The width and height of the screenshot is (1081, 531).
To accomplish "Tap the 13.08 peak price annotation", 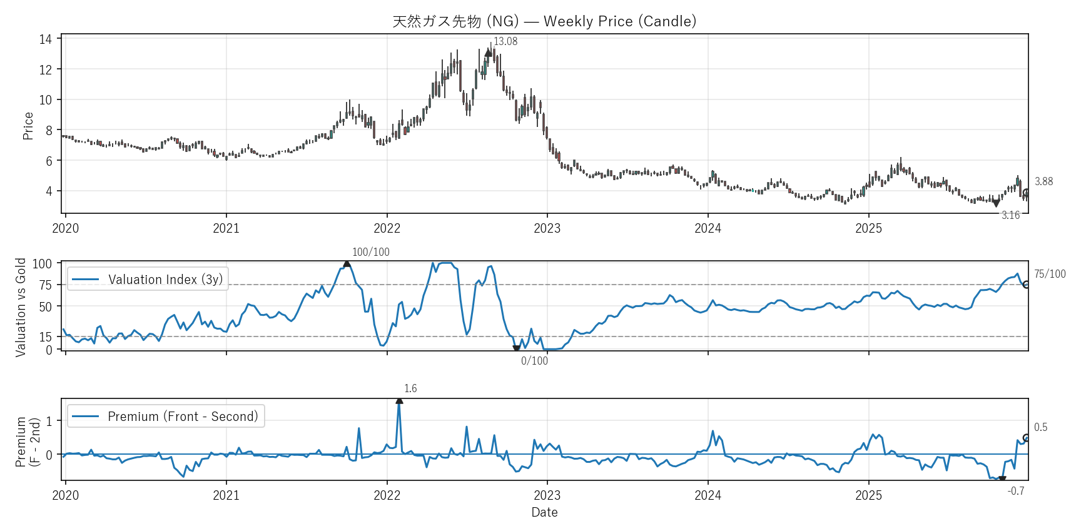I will pyautogui.click(x=505, y=42).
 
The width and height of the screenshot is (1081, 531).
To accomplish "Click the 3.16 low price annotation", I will pyautogui.click(x=1010, y=216).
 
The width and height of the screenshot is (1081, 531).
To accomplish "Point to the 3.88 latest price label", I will pyautogui.click(x=1043, y=182).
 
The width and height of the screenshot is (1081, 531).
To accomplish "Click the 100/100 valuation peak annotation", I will pyautogui.click(x=370, y=253).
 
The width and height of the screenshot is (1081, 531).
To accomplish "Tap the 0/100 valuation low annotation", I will pyautogui.click(x=534, y=361).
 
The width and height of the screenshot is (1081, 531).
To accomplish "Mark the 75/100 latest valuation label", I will pyautogui.click(x=1050, y=274).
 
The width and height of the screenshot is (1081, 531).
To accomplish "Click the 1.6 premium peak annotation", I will pyautogui.click(x=410, y=389).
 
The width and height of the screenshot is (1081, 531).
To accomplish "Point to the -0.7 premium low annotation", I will pyautogui.click(x=1016, y=492).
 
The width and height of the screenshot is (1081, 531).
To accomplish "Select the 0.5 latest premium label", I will pyautogui.click(x=1040, y=428).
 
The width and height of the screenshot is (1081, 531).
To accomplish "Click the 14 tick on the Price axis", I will pyautogui.click(x=46, y=39).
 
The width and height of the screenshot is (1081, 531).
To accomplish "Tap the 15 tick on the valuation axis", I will pyautogui.click(x=46, y=337).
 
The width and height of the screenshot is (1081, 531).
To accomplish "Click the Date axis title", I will pyautogui.click(x=544, y=512).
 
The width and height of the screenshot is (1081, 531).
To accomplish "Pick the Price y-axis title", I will pyautogui.click(x=28, y=126).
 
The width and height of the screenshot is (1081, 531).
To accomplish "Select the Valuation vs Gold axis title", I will pyautogui.click(x=21, y=307).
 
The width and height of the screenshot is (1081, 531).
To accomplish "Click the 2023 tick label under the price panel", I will pyautogui.click(x=547, y=229).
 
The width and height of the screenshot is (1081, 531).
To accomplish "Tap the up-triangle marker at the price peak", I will pyautogui.click(x=489, y=53).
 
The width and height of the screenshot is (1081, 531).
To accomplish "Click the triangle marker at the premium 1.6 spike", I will pyautogui.click(x=399, y=400).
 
